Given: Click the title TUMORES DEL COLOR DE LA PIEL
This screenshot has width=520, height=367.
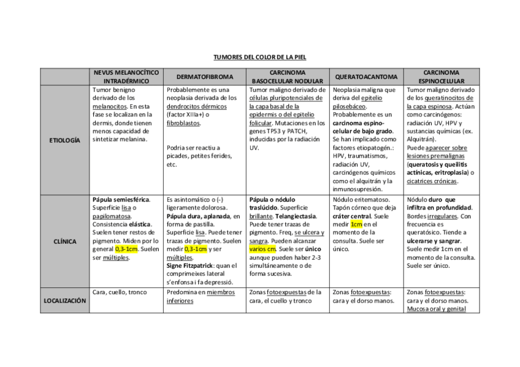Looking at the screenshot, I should coord(259,57).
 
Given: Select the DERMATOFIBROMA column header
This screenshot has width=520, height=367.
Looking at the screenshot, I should coord(204,77).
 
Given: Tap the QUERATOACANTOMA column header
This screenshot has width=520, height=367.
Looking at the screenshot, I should coord(366,77).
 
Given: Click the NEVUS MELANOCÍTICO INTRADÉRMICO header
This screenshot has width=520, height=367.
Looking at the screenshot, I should coord(126,77).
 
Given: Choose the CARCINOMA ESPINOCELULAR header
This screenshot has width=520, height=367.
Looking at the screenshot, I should coord(441,77).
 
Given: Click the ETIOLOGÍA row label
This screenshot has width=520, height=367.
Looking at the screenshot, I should coord(64,140).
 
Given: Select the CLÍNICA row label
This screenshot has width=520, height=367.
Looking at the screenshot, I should coord(64,241).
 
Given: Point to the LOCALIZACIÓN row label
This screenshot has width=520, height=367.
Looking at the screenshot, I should coord(64,300).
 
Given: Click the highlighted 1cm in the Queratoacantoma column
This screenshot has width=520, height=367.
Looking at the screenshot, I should coord(357,224).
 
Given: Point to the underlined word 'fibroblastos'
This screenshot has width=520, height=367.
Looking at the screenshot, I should coord(183,123).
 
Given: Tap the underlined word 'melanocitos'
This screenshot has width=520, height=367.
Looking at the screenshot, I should coord(109,106).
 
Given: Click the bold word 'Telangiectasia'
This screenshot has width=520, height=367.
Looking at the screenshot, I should coord(296,216).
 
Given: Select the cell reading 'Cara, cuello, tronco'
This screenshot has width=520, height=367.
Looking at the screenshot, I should coord(120,292).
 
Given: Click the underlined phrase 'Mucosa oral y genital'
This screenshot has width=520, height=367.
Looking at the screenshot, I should coord(435,309).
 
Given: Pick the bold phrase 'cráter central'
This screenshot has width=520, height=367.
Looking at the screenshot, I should coord(352,216).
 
